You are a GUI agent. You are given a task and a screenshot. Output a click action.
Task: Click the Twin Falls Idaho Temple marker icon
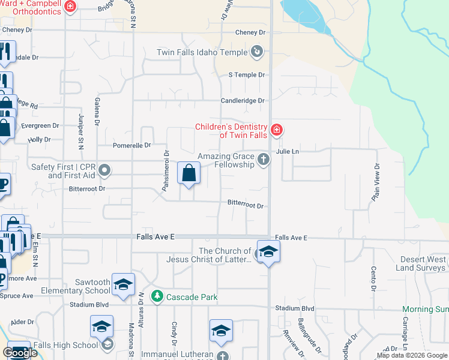[257, 52]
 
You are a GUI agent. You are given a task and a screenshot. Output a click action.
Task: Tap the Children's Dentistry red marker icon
[276, 130]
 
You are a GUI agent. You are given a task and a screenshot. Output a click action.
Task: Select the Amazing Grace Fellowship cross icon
[262, 159]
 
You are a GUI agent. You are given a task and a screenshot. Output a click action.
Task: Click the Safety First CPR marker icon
[104, 170]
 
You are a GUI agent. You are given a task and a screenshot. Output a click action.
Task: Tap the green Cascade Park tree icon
[157, 296]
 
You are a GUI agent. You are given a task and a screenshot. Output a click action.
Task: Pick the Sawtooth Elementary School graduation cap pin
[123, 284]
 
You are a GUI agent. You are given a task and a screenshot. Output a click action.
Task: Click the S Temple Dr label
[246, 75]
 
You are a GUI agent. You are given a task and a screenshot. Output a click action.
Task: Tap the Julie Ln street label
[287, 152]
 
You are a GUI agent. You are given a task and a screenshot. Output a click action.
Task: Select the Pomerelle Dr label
[131, 145]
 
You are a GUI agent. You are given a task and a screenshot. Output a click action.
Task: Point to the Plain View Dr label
[376, 182]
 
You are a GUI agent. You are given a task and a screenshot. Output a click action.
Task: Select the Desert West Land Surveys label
[423, 263]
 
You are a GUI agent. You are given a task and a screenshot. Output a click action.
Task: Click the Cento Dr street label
[373, 275]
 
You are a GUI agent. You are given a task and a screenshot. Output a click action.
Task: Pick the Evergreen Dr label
[40, 126]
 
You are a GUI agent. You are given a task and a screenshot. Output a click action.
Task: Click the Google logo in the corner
[20, 353]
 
